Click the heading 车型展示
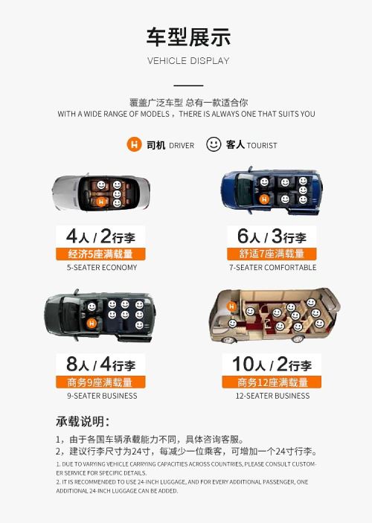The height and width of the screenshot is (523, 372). click(x=188, y=37)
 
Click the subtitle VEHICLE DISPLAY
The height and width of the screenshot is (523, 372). click(x=188, y=61)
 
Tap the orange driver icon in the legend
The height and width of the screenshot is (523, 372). click(x=134, y=145)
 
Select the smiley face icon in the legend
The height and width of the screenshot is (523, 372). click(x=214, y=144)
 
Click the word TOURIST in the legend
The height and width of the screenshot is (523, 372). click(x=262, y=145)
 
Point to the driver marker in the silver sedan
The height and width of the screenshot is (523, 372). click(x=101, y=202)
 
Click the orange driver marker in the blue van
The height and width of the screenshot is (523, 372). click(x=264, y=199)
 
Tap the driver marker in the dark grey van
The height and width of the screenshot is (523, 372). click(x=92, y=323)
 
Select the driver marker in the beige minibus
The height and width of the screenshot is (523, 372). click(x=231, y=307)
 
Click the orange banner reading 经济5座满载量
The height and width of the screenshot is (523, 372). click(x=100, y=254)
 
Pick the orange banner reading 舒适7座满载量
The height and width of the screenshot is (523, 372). click(x=272, y=254)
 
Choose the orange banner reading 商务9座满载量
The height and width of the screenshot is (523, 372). click(x=100, y=382)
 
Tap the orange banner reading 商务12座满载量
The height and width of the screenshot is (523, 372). click(x=272, y=382)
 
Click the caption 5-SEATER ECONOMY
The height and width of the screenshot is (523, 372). click(x=102, y=268)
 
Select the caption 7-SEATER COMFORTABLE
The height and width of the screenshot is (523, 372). click(x=272, y=268)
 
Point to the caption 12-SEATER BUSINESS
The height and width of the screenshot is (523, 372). click(x=272, y=396)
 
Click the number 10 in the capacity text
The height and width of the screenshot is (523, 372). click(x=243, y=364)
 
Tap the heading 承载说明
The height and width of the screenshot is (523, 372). click(x=83, y=422)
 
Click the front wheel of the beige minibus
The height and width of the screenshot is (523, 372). click(x=228, y=340)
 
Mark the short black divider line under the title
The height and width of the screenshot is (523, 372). click(x=188, y=86)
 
